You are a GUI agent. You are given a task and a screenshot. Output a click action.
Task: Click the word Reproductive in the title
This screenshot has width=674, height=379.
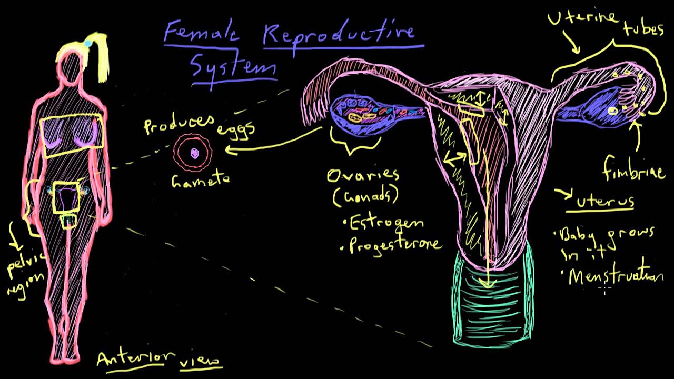point(339,34)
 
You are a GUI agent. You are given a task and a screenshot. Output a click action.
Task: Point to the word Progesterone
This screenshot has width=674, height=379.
point(394,244)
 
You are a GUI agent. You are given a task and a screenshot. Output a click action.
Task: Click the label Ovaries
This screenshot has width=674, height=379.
point(363,175)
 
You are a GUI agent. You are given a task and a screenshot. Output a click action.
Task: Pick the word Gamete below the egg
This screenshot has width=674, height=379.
point(201,179)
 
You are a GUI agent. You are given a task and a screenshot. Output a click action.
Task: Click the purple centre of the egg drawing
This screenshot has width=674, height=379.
point(194,153)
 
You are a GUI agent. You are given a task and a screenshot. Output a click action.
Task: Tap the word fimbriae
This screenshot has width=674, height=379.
point(634,169)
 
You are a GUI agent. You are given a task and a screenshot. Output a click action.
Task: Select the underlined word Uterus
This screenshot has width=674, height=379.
point(604,201)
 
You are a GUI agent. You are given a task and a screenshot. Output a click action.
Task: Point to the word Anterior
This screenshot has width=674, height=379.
point(135,358)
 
